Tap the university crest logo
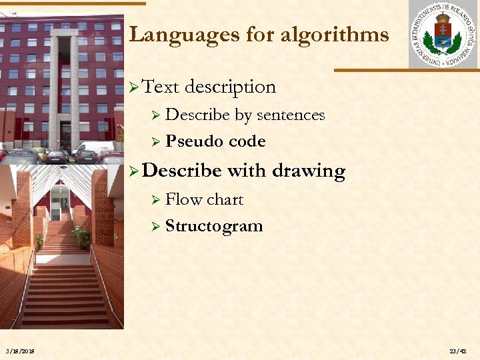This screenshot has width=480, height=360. pyautogui.click(x=443, y=35)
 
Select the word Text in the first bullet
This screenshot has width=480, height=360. pyautogui.click(x=161, y=87)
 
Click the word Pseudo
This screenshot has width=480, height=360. pyautogui.click(x=194, y=141)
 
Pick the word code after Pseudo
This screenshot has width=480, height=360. pyautogui.click(x=247, y=141)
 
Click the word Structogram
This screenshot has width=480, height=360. pyautogui.click(x=214, y=226)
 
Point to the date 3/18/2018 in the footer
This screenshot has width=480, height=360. pyautogui.click(x=21, y=351)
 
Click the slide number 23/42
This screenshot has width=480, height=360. pyautogui.click(x=458, y=351)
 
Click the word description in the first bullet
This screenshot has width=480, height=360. pyautogui.click(x=230, y=87)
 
